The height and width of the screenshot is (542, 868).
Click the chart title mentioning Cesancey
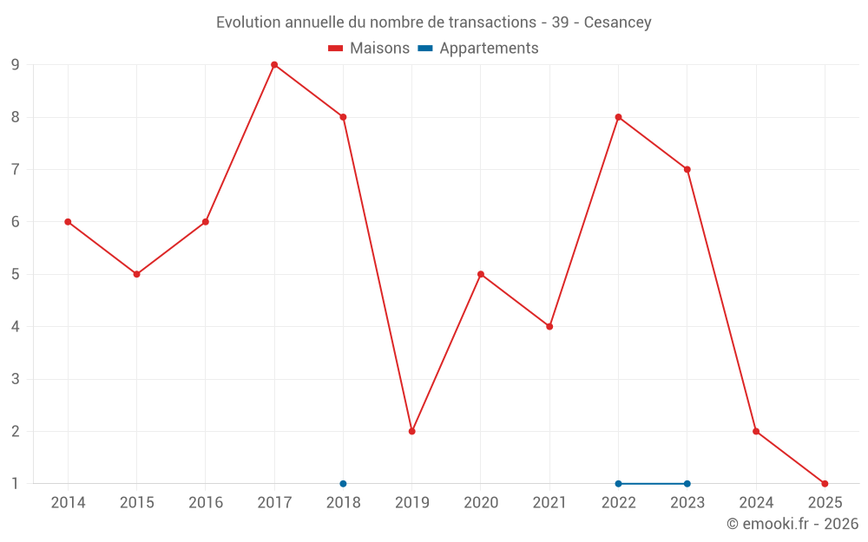(x=433, y=22)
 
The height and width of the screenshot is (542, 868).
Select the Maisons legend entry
(x=369, y=49)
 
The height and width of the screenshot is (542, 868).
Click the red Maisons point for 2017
(x=274, y=65)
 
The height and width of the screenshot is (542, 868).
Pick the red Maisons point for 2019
(x=411, y=431)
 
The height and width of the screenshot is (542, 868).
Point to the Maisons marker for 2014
(x=68, y=222)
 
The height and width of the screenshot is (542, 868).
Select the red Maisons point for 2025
(x=825, y=483)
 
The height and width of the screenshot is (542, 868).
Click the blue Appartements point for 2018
(x=343, y=483)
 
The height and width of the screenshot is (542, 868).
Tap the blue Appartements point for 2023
(x=687, y=483)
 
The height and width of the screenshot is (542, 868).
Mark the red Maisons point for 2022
(x=618, y=117)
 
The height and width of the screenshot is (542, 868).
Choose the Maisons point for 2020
(x=481, y=274)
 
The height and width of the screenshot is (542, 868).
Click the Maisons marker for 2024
(x=756, y=431)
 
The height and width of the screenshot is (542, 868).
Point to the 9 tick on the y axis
(x=15, y=65)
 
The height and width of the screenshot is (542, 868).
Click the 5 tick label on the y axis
(x=15, y=274)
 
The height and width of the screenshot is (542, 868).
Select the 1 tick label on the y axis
(x=15, y=483)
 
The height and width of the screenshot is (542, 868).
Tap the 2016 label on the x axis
(x=206, y=503)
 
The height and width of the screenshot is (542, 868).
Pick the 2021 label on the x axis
(x=549, y=503)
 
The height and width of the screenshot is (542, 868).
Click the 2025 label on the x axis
(x=825, y=503)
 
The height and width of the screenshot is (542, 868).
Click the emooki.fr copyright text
(x=792, y=524)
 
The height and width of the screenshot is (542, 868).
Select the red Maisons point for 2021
(x=549, y=326)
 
